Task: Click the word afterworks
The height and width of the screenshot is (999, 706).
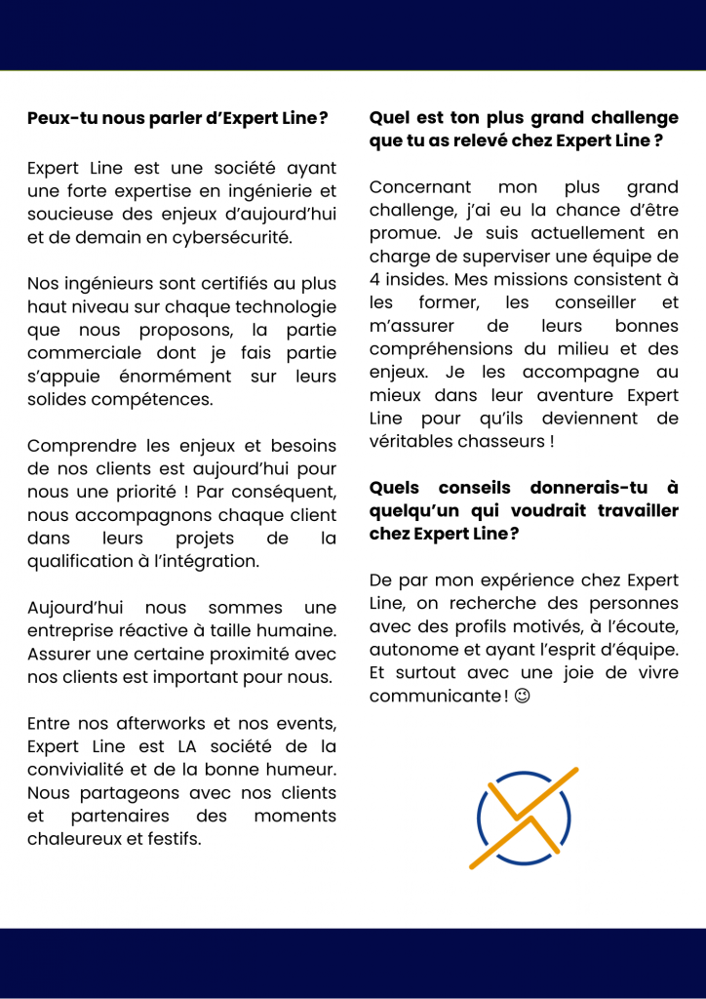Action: [x=134, y=723]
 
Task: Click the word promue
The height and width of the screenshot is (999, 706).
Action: [x=401, y=233]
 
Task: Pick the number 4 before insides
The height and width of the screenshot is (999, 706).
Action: [x=374, y=280]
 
